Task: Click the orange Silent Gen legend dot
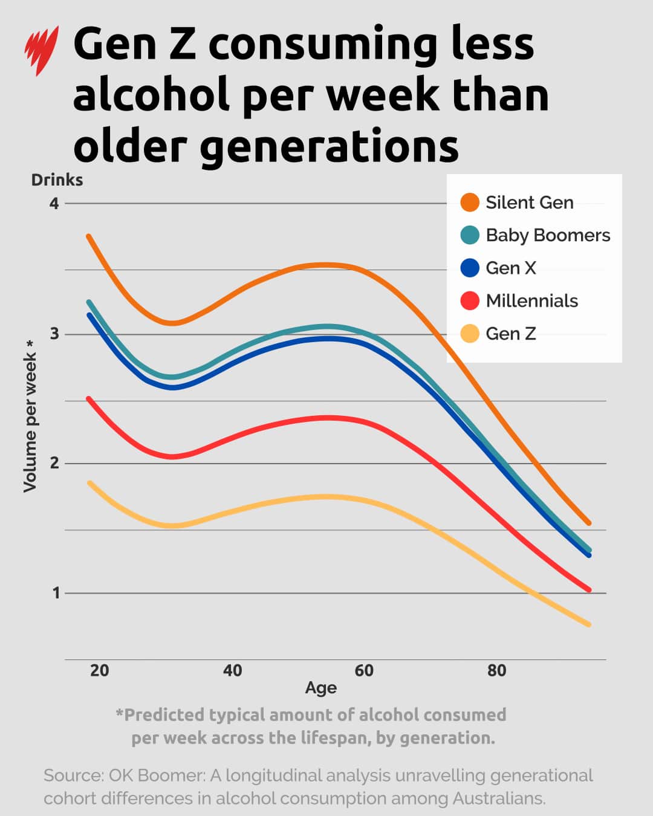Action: [x=470, y=202]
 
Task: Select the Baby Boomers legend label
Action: [x=548, y=235]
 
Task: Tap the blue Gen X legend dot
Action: [x=470, y=268]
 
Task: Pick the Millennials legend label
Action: [x=531, y=300]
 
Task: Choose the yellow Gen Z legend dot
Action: [x=470, y=333]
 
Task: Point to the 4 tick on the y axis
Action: [x=54, y=203]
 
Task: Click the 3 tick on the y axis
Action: [x=54, y=334]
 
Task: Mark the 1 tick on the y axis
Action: [x=56, y=593]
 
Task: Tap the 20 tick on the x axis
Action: [x=100, y=670]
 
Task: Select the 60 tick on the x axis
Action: [x=364, y=670]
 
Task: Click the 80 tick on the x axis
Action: [x=496, y=670]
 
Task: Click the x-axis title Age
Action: [x=320, y=688]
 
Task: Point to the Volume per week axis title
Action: [x=30, y=416]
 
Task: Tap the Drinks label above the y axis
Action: [x=57, y=180]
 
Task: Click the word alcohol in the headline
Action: [x=151, y=95]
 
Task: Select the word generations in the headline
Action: [x=330, y=146]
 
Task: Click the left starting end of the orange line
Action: [x=89, y=236]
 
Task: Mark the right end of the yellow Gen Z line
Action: [x=588, y=624]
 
